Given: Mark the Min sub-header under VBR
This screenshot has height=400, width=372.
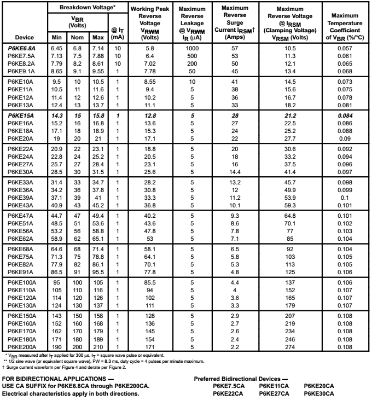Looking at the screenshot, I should [x=57, y=38].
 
